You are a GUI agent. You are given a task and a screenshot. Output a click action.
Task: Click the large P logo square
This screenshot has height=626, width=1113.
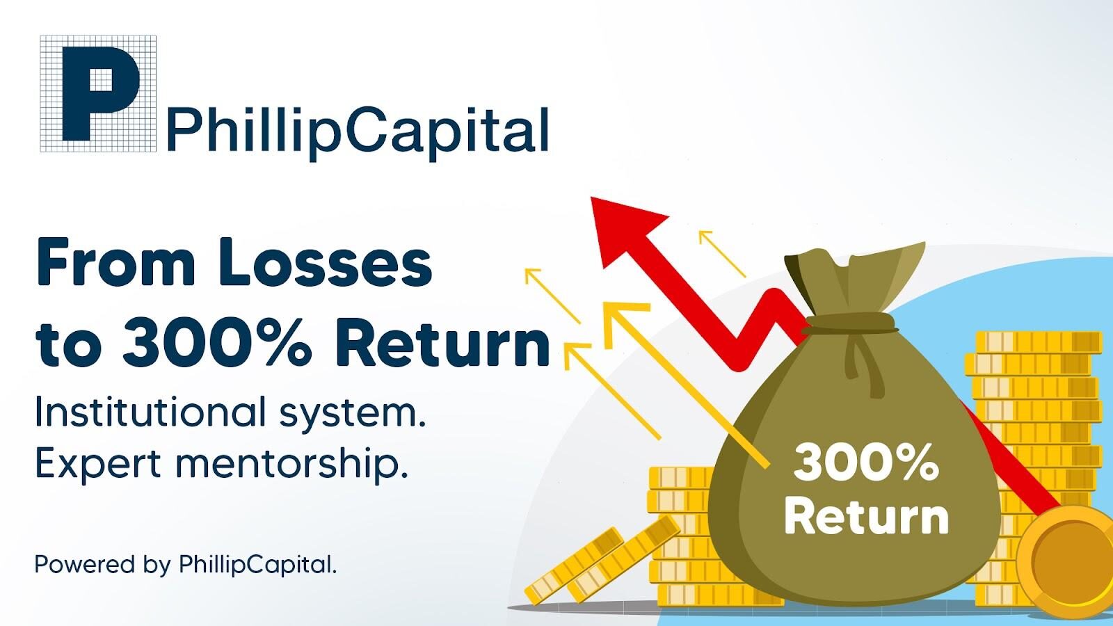[98, 93]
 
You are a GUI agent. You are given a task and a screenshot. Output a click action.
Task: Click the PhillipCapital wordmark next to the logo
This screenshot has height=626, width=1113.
[358, 131]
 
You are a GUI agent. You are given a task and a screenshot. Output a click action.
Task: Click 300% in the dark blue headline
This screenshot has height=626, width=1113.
[216, 343]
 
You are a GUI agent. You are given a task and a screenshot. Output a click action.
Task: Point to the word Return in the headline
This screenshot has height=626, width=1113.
[442, 343]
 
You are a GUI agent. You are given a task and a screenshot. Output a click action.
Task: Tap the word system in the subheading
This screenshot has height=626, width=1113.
[353, 415]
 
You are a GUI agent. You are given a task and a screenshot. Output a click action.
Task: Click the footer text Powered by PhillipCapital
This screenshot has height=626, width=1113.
[186, 565]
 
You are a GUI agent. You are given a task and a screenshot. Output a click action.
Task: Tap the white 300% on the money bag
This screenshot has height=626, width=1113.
[866, 463]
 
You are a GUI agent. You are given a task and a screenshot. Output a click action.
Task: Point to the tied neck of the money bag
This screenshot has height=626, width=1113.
[850, 323]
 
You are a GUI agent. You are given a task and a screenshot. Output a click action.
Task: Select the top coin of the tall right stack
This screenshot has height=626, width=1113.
[1039, 342]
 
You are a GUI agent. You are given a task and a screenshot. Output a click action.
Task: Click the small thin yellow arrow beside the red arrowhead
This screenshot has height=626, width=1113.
[722, 253]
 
